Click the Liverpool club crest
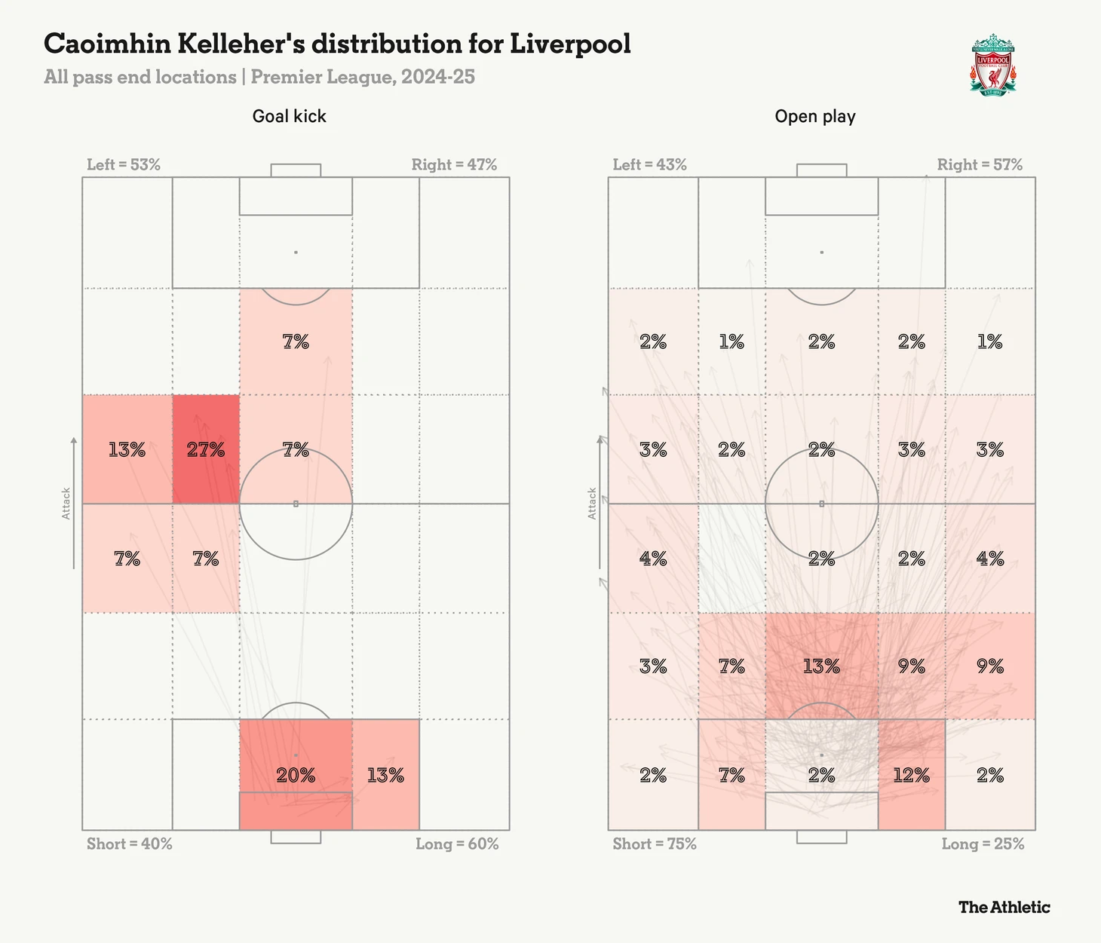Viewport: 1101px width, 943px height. (992, 65)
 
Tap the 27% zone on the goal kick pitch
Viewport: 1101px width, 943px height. (206, 449)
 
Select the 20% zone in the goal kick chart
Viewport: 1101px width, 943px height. (296, 774)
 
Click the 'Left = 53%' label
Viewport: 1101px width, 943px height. (124, 164)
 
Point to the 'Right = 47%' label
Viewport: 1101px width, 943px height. (454, 164)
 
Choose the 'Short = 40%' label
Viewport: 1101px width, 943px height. (130, 843)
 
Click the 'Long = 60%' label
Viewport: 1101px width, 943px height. (457, 843)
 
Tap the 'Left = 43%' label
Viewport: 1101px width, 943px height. (650, 164)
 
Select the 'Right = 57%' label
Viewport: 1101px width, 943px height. (980, 164)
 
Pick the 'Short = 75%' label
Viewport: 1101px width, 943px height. (655, 843)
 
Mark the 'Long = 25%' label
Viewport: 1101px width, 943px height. (983, 843)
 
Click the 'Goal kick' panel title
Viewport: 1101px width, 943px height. (290, 116)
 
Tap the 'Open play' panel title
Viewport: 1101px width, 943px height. (815, 116)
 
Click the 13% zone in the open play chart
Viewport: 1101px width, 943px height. (821, 666)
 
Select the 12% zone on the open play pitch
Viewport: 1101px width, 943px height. (911, 774)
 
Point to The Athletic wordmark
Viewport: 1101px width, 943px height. (1004, 907)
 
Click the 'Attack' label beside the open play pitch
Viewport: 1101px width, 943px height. (593, 503)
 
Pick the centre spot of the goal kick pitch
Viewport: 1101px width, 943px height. (296, 504)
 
